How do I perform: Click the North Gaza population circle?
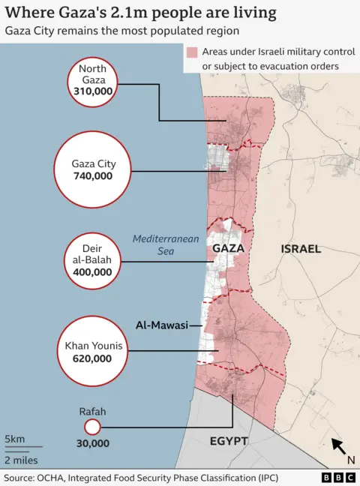pyautogui.click(x=92, y=80)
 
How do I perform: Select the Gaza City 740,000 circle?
pyautogui.click(x=92, y=170)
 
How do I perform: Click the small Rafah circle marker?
pyautogui.click(x=92, y=427)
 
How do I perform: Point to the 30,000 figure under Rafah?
pyautogui.click(x=92, y=443)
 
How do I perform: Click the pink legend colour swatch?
pyautogui.click(x=192, y=53)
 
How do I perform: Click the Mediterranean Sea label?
pyautogui.click(x=155, y=245)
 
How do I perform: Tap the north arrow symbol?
pyautogui.click(x=339, y=448)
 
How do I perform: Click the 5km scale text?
pyautogui.click(x=14, y=439)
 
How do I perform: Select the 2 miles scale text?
pyautogui.click(x=21, y=460)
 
